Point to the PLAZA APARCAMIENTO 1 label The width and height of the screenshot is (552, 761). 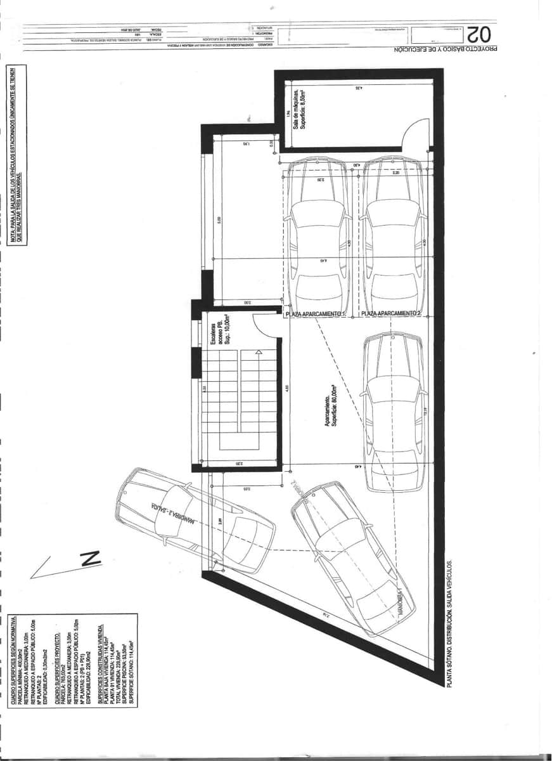316,313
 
